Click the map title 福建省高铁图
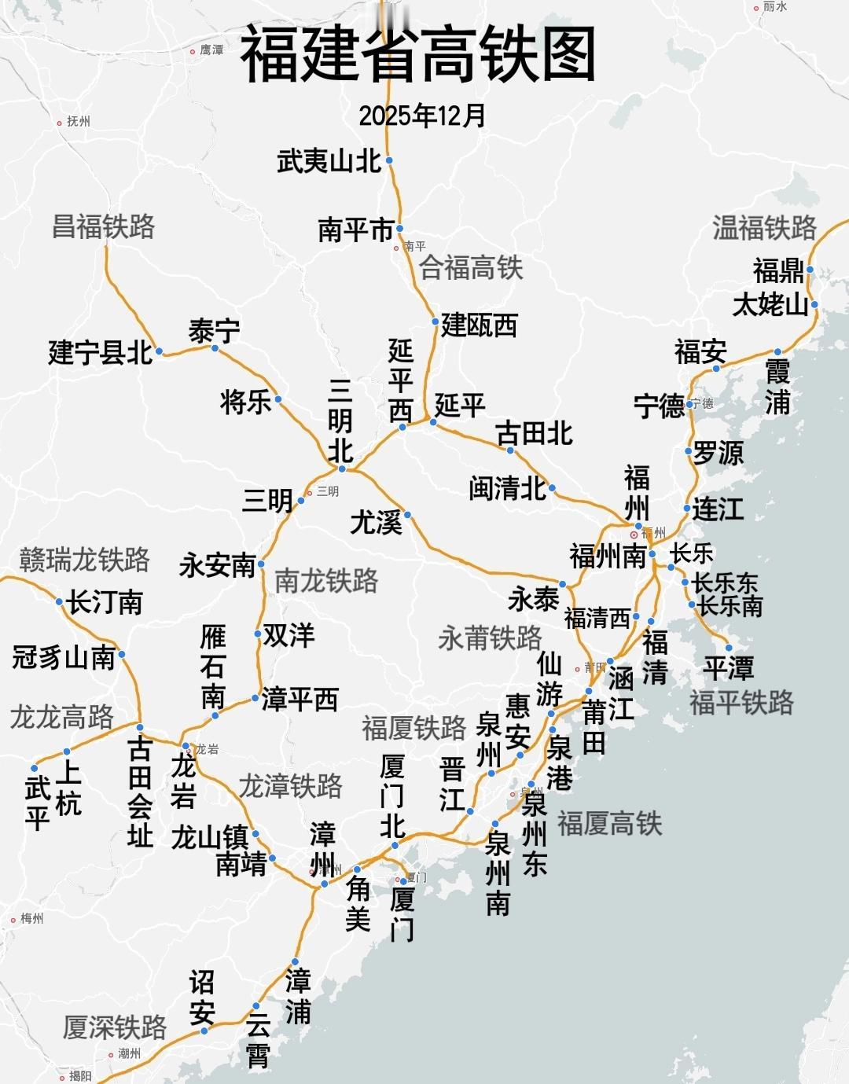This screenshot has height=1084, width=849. point(417,54)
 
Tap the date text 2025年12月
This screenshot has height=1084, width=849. point(422,116)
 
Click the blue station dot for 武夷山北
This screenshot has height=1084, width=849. point(389,160)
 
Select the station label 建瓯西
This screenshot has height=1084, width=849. point(480,325)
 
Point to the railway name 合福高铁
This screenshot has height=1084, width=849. point(471,267)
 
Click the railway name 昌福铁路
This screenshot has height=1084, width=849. point(103,226)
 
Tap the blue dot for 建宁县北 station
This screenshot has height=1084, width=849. point(160,351)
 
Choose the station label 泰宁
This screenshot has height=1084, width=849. point(214,331)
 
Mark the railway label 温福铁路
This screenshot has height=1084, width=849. point(764,228)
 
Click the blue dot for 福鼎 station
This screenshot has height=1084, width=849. point(810,270)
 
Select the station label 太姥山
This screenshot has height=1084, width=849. point(770,304)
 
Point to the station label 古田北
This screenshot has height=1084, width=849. point(535,433)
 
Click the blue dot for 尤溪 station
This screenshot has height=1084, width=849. point(407,515)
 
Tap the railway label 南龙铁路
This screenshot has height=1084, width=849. point(326,581)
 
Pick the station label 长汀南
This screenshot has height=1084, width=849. point(105,603)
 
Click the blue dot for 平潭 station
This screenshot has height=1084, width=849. point(729,648)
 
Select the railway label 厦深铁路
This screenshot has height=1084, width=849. point(115,1027)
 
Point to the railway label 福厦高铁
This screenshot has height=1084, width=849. point(610,823)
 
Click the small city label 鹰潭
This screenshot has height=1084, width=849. point(211,50)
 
